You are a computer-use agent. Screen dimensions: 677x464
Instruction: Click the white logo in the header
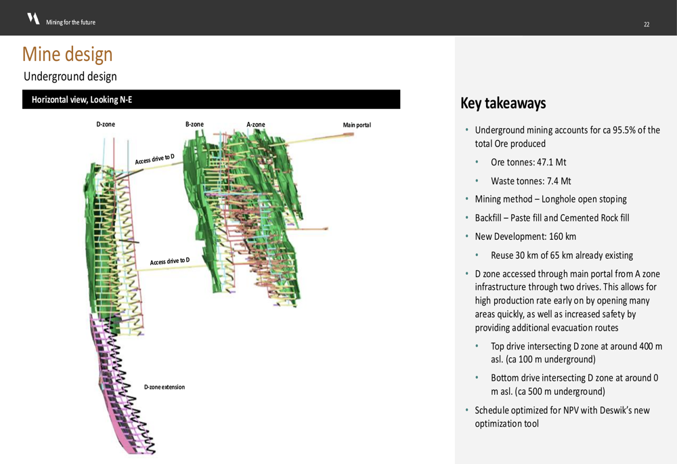[x=33, y=18]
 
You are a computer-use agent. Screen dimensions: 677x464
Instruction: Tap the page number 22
[x=647, y=24]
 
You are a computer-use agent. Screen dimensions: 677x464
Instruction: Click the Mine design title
[x=67, y=54]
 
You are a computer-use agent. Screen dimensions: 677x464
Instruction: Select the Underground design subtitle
[x=70, y=77]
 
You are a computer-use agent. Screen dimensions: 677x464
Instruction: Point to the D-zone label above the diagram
[x=106, y=125]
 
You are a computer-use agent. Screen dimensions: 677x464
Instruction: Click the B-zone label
[x=194, y=125]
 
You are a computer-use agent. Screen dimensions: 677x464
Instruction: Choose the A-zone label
[x=256, y=125]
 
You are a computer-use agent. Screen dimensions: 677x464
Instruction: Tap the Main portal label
[x=357, y=125]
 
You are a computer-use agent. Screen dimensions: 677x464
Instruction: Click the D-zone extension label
[x=165, y=387]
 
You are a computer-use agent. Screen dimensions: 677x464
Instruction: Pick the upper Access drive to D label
[x=154, y=159]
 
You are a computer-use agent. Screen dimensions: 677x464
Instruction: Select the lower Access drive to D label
[x=170, y=261]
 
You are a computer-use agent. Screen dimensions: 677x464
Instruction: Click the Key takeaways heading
[x=503, y=103]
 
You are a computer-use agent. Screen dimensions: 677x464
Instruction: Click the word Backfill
[x=488, y=218]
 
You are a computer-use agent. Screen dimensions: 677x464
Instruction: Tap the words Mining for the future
[x=71, y=22]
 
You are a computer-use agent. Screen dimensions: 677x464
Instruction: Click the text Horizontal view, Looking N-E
[x=82, y=100]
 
